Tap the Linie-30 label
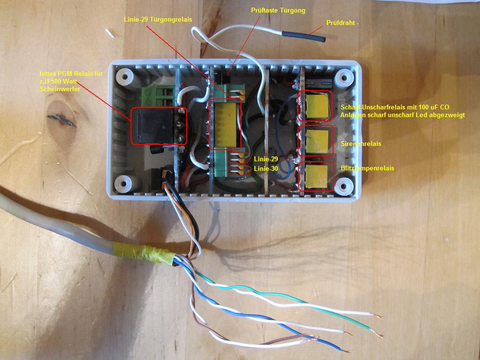pyautogui.click(x=266, y=168)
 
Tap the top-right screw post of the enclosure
pyautogui.click(x=344, y=76)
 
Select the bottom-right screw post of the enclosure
pyautogui.click(x=344, y=184)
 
